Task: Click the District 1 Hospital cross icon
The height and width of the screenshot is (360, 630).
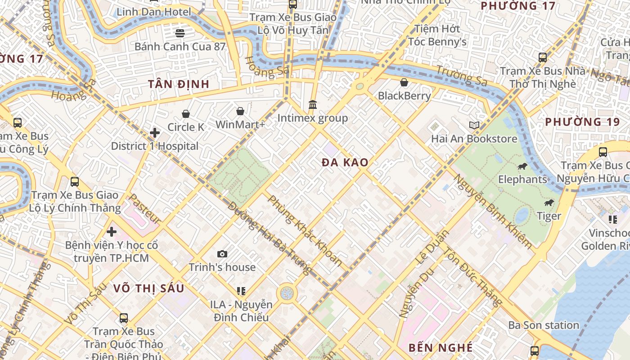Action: [x=155, y=133]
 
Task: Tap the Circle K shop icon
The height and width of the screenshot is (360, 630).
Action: [x=186, y=114]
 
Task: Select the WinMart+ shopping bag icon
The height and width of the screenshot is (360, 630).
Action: [x=240, y=111]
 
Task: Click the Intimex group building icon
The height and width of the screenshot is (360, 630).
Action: [x=313, y=105]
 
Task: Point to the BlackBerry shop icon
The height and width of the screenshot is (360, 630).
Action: [x=404, y=82]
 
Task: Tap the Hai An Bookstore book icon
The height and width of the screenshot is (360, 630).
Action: [x=474, y=125]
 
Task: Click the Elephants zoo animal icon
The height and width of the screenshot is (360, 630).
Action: [x=522, y=166]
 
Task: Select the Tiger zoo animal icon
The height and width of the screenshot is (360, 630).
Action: [x=549, y=203]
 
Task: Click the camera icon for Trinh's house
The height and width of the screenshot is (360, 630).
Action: [x=222, y=254]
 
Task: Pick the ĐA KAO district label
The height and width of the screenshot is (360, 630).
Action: [x=345, y=162]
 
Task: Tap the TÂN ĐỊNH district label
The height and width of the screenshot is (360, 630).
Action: [x=179, y=84]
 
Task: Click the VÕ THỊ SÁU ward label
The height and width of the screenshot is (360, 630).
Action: [x=148, y=288]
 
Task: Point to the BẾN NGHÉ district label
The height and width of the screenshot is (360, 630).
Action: [x=441, y=347]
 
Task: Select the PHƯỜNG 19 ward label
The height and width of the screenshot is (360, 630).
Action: [x=579, y=122]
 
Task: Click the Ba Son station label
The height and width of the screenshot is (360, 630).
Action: [x=544, y=325]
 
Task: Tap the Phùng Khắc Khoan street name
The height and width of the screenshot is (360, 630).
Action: [x=305, y=230]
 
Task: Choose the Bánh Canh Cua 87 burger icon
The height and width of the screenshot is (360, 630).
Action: [x=180, y=33]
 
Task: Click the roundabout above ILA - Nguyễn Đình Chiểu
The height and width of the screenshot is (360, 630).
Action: [x=287, y=293]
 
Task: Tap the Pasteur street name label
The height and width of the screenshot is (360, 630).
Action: [x=144, y=209]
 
